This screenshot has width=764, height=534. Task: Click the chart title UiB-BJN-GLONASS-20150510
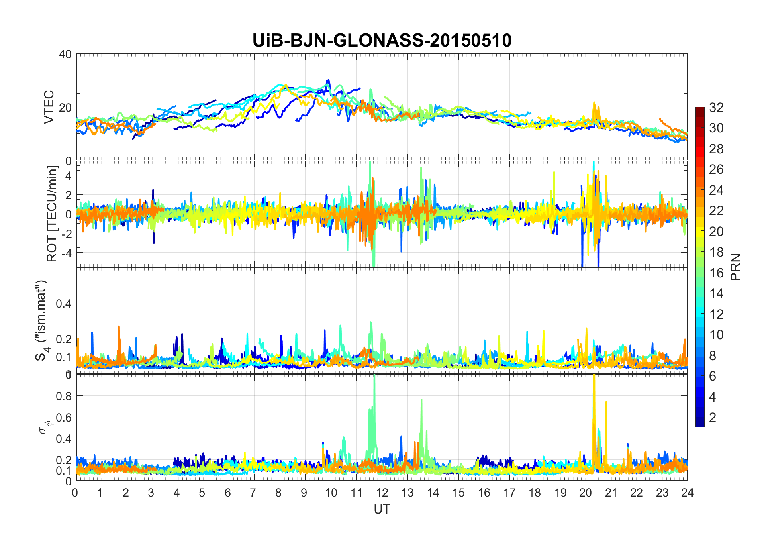point(382,40)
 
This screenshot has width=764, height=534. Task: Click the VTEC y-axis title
point(49,107)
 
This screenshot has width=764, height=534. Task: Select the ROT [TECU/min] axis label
point(52,214)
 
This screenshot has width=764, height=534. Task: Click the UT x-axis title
point(382,509)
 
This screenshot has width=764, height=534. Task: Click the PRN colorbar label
point(736,267)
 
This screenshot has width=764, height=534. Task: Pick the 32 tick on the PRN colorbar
point(716,108)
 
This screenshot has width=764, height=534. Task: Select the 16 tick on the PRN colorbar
point(716,273)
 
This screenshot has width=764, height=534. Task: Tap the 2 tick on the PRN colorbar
point(713,418)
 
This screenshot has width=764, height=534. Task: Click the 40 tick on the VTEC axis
point(65,54)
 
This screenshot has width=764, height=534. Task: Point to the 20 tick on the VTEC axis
point(65,108)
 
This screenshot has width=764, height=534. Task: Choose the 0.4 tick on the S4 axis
point(63,303)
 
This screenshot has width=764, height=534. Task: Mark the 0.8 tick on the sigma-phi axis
point(63,396)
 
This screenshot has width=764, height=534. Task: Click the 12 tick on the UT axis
point(382,493)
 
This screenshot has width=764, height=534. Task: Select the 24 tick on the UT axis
point(687,493)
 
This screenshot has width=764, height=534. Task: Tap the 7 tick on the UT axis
point(253,493)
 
